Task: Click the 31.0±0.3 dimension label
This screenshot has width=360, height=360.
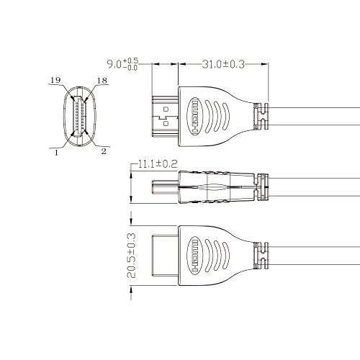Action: tap(223, 64)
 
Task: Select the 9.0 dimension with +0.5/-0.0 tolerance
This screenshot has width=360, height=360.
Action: tap(122, 64)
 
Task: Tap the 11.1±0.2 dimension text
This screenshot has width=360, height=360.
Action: tap(158, 164)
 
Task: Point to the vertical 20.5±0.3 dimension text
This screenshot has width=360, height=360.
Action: tap(131, 256)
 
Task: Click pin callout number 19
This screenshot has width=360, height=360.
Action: tap(55, 80)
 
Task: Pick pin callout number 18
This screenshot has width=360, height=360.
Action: tap(102, 81)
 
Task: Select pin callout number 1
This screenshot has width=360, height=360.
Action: tap(56, 153)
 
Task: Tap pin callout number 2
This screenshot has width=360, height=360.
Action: tap(104, 151)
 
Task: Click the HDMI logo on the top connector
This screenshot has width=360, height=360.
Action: tap(195, 117)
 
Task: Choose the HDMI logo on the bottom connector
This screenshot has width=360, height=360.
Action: tap(195, 256)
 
